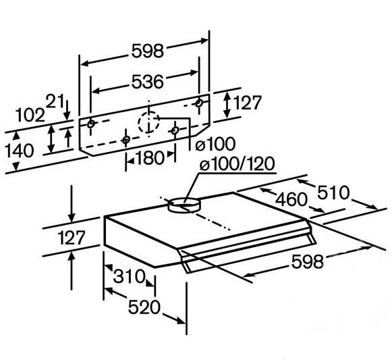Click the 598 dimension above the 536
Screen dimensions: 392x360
pos(148,51)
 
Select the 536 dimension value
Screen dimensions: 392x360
pos(148,82)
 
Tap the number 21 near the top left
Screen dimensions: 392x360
pos(55,101)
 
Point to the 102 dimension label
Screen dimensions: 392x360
pos(30,115)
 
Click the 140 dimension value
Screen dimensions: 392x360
pos(20,151)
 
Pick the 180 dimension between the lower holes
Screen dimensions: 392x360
pos(149,158)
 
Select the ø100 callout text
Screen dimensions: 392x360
pos(215,144)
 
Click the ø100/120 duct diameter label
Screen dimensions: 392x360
pos(237,164)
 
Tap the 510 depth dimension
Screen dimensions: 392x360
pos(333,192)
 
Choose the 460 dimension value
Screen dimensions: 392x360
pos(291,199)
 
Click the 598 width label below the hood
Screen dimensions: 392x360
pos(308,261)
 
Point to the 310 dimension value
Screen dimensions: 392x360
pos(129,276)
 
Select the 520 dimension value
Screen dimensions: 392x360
pos(144,307)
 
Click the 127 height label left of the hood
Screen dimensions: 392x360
pos(72,238)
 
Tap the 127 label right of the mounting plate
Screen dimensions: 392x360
pos(247,103)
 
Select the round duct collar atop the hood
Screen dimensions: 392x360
pos(184,205)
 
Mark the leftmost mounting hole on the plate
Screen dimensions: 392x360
pos(91,124)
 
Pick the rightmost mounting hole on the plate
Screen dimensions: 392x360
pos(199,103)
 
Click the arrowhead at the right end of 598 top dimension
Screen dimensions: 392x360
pos(204,41)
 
